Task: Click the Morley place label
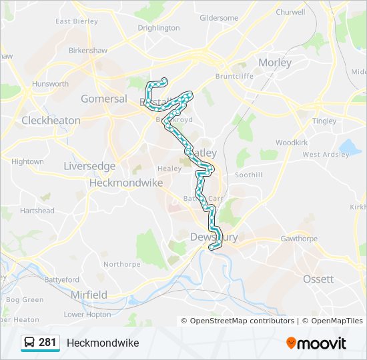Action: tap(275, 63)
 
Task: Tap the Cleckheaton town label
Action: tap(51, 121)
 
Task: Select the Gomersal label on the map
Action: tap(103, 99)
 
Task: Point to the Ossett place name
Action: tap(318, 279)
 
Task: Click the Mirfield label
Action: tap(89, 295)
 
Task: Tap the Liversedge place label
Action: tap(89, 166)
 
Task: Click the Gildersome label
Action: tap(218, 17)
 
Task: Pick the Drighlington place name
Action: tap(159, 28)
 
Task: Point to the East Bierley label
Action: tap(77, 21)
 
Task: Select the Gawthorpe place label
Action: tap(298, 238)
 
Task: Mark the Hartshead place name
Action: tap(37, 211)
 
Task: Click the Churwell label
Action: tap(290, 12)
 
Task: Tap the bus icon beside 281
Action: tap(29, 343)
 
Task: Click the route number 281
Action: tap(47, 343)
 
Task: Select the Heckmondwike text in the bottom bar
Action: tap(103, 343)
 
